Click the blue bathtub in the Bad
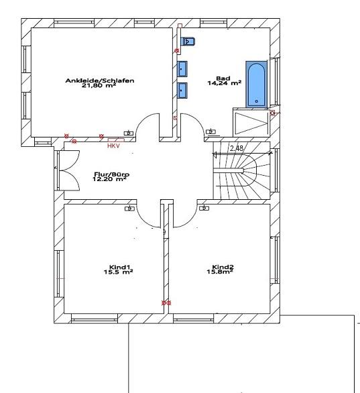pos(256,85)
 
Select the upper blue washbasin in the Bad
pos(182,68)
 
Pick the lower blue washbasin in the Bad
pos(182,91)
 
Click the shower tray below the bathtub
pos(251,123)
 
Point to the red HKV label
pos(113,146)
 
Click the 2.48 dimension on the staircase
pos(237,148)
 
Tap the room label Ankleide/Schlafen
pos(100,80)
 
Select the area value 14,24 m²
pos(225,83)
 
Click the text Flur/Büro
pos(112,174)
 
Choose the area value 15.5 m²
pos(118,272)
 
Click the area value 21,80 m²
pos(99,85)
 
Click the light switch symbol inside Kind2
pos(204,208)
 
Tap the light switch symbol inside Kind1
pos(129,209)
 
